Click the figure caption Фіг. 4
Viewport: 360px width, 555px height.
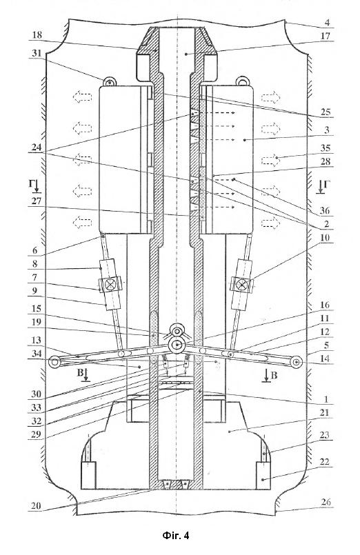point(176,536)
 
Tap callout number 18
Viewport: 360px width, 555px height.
point(37,35)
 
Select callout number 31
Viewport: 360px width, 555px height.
point(37,54)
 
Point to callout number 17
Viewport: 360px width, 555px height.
point(325,36)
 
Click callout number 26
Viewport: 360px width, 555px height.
point(326,502)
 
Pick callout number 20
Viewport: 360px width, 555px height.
point(37,506)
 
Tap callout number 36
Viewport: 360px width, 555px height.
point(325,211)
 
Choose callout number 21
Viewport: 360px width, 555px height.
point(325,413)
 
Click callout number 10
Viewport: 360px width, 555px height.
point(325,237)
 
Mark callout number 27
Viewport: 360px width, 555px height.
point(37,201)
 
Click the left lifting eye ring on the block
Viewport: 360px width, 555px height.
point(110,82)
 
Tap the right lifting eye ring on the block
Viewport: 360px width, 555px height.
point(243,81)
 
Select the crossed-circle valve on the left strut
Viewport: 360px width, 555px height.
point(109,285)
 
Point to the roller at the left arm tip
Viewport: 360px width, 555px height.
point(54,362)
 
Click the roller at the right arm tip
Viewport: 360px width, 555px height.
point(297,362)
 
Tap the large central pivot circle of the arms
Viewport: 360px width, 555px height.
point(177,345)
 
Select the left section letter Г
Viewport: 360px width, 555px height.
point(31,183)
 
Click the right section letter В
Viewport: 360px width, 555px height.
point(274,375)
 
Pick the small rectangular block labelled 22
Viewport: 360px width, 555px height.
point(263,475)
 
